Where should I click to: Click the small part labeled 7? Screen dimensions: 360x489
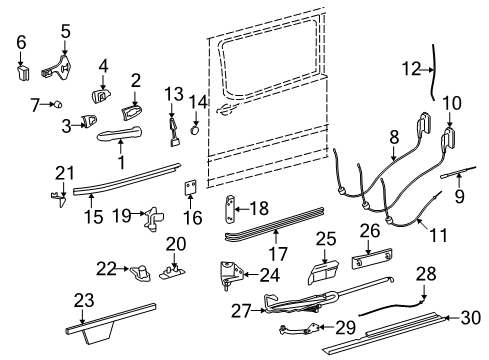pyautogui.click(x=60, y=103)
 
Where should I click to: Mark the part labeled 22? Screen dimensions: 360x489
pyautogui.click(x=142, y=272)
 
